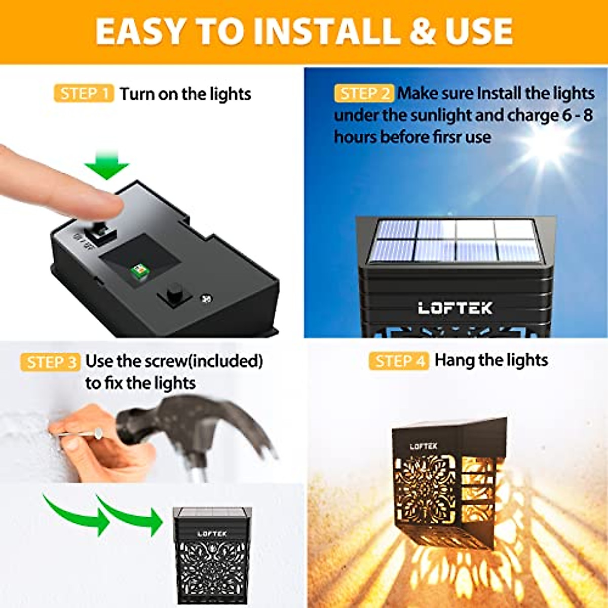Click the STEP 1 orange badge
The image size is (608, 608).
pos(84,94)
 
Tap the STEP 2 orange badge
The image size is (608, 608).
pos(364,93)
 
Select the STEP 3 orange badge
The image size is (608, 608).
pos(50,362)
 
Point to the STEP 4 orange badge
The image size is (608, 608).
pos(399,361)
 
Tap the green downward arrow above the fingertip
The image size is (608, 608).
pos(106,165)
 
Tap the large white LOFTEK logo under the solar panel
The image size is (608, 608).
pos(455,308)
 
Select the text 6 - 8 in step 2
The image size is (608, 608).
pos(577,115)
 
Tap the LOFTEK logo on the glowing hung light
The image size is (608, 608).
pos(423,446)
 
